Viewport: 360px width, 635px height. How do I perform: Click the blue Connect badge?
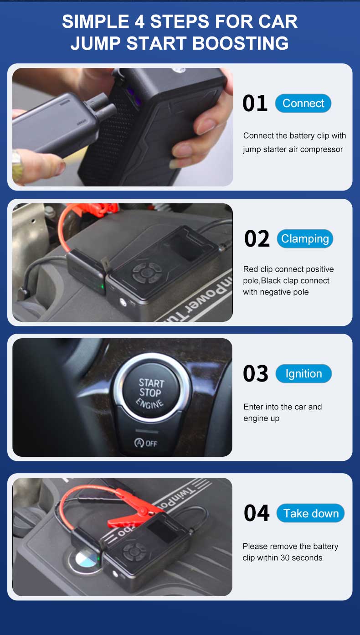point(303,103)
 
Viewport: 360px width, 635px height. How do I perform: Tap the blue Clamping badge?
point(305,239)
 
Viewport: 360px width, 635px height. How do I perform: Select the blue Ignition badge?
point(303,374)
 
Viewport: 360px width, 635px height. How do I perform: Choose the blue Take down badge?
point(311,513)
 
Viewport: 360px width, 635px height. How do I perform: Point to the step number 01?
point(255,103)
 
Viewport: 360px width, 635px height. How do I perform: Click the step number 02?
point(257,239)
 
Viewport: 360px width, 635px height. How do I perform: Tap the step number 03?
point(255,374)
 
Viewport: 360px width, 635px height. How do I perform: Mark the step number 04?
point(257,513)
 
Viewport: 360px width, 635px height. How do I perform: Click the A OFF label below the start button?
point(146,443)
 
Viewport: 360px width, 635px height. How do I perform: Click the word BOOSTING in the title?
point(240,43)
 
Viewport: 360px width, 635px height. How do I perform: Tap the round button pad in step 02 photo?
point(147,273)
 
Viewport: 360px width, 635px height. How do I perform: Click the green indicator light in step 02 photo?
point(103,286)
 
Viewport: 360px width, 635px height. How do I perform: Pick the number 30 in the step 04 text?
point(285,558)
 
